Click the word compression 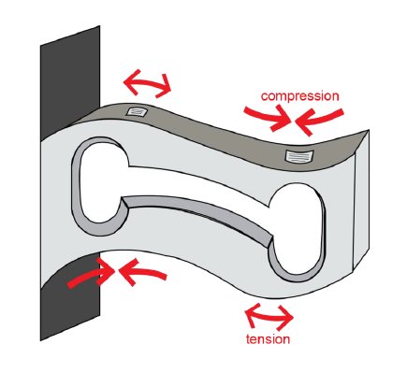coord(298,95)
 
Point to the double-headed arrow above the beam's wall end coord(148,85)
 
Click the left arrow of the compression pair coord(265,116)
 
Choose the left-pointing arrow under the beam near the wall coord(140,272)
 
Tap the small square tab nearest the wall coord(139,112)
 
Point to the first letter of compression coord(265,95)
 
